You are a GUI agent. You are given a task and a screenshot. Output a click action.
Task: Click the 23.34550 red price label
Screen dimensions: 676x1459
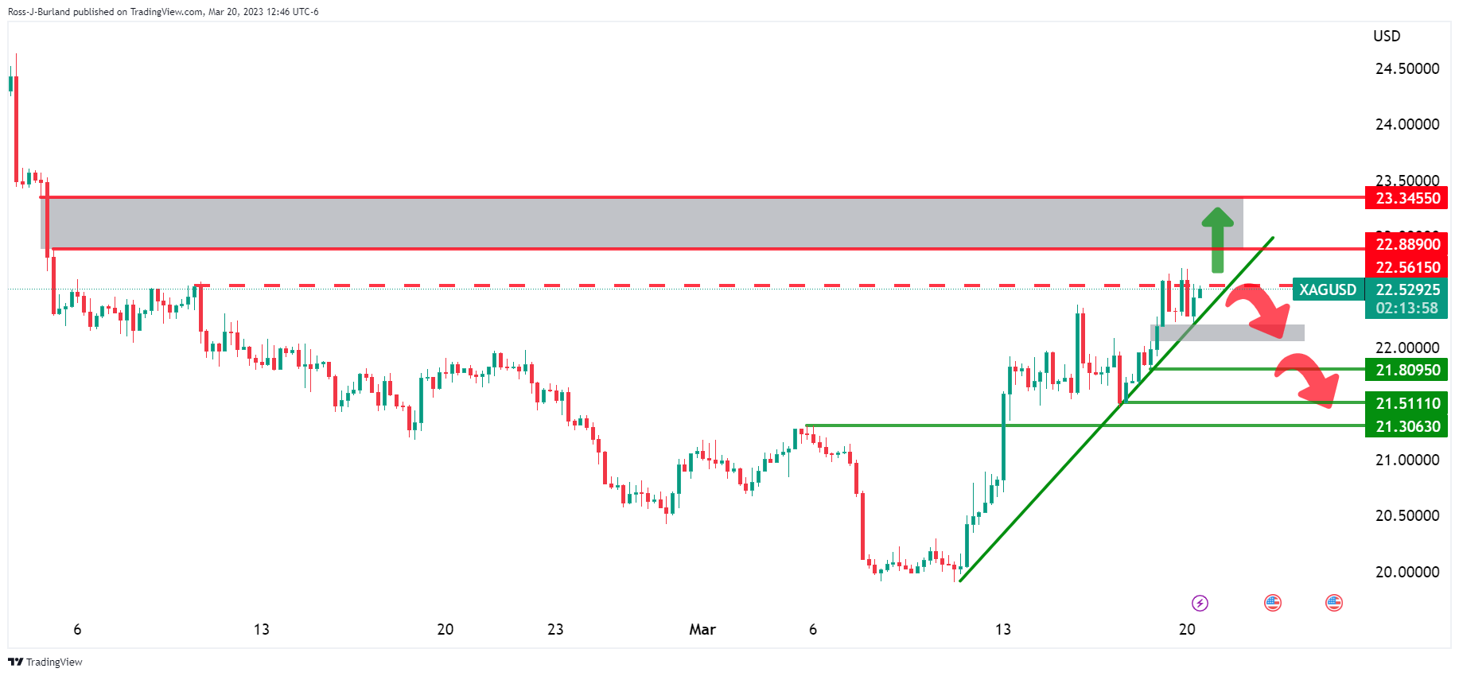click(x=1407, y=198)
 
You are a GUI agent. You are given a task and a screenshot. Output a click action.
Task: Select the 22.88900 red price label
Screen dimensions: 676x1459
click(x=1407, y=244)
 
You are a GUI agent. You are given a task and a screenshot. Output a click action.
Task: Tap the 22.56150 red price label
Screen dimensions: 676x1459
click(x=1407, y=267)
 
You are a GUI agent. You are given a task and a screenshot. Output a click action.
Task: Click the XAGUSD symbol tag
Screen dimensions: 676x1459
click(x=1328, y=289)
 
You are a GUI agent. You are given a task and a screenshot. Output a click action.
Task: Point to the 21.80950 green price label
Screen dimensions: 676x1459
click(x=1407, y=370)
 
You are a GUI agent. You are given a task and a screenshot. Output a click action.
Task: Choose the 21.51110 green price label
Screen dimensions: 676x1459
click(x=1407, y=403)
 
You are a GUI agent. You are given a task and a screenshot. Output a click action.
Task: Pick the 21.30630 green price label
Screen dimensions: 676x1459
click(x=1407, y=426)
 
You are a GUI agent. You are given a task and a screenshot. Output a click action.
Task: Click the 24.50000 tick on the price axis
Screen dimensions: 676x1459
click(x=1407, y=68)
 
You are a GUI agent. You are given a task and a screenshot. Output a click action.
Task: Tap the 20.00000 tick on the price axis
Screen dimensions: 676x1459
click(x=1407, y=572)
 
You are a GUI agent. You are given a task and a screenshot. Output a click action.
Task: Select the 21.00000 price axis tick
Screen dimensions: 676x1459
click(x=1407, y=460)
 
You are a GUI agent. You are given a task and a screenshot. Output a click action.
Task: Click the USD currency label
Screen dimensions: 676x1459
click(x=1387, y=36)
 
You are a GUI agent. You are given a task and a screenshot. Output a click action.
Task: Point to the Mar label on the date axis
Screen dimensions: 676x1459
click(x=702, y=629)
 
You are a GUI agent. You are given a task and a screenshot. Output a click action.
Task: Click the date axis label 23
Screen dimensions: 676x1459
click(x=555, y=629)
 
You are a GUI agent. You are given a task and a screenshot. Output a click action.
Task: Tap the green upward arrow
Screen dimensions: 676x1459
click(x=1217, y=239)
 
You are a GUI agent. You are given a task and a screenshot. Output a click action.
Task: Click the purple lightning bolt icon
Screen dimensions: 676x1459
click(x=1200, y=603)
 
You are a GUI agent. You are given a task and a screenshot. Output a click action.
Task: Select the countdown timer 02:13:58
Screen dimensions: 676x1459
click(x=1407, y=308)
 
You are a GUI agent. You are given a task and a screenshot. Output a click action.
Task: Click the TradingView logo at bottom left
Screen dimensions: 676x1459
click(x=45, y=662)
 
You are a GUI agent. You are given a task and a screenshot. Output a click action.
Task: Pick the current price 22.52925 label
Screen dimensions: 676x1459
click(x=1407, y=289)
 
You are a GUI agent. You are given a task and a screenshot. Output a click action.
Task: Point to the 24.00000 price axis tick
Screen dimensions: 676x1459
click(x=1407, y=124)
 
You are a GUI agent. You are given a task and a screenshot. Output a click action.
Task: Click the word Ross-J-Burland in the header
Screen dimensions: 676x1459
click(x=39, y=12)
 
